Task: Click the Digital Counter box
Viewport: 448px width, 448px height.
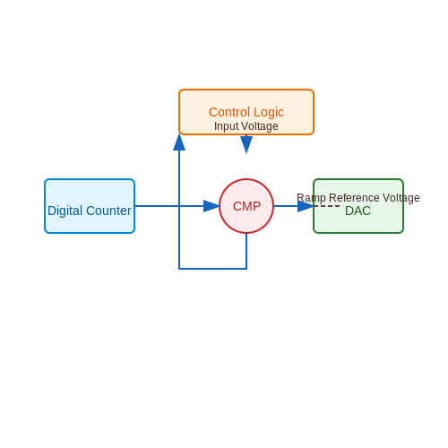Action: click(90, 206)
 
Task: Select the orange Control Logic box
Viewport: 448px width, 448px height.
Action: click(246, 112)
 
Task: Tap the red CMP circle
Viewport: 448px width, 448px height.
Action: click(246, 206)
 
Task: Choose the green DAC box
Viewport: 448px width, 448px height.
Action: click(358, 206)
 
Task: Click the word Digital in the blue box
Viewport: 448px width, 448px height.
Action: click(65, 211)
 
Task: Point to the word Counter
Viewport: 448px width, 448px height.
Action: click(108, 211)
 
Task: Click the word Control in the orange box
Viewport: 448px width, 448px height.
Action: click(229, 112)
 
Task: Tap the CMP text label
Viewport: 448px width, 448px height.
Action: click(246, 206)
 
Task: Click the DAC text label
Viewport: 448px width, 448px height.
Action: click(358, 211)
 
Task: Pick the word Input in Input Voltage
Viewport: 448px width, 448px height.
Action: click(226, 126)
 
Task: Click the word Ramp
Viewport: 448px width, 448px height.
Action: click(311, 198)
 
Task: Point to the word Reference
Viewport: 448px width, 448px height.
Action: click(354, 198)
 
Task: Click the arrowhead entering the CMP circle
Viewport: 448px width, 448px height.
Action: click(211, 206)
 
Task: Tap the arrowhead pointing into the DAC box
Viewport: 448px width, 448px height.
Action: click(306, 206)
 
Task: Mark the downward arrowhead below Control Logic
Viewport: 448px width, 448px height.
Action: click(246, 145)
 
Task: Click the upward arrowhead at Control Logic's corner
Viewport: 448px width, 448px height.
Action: click(179, 142)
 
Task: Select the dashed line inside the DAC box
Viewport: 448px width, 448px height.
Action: click(327, 206)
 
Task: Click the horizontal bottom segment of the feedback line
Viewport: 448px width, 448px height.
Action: click(212, 269)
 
